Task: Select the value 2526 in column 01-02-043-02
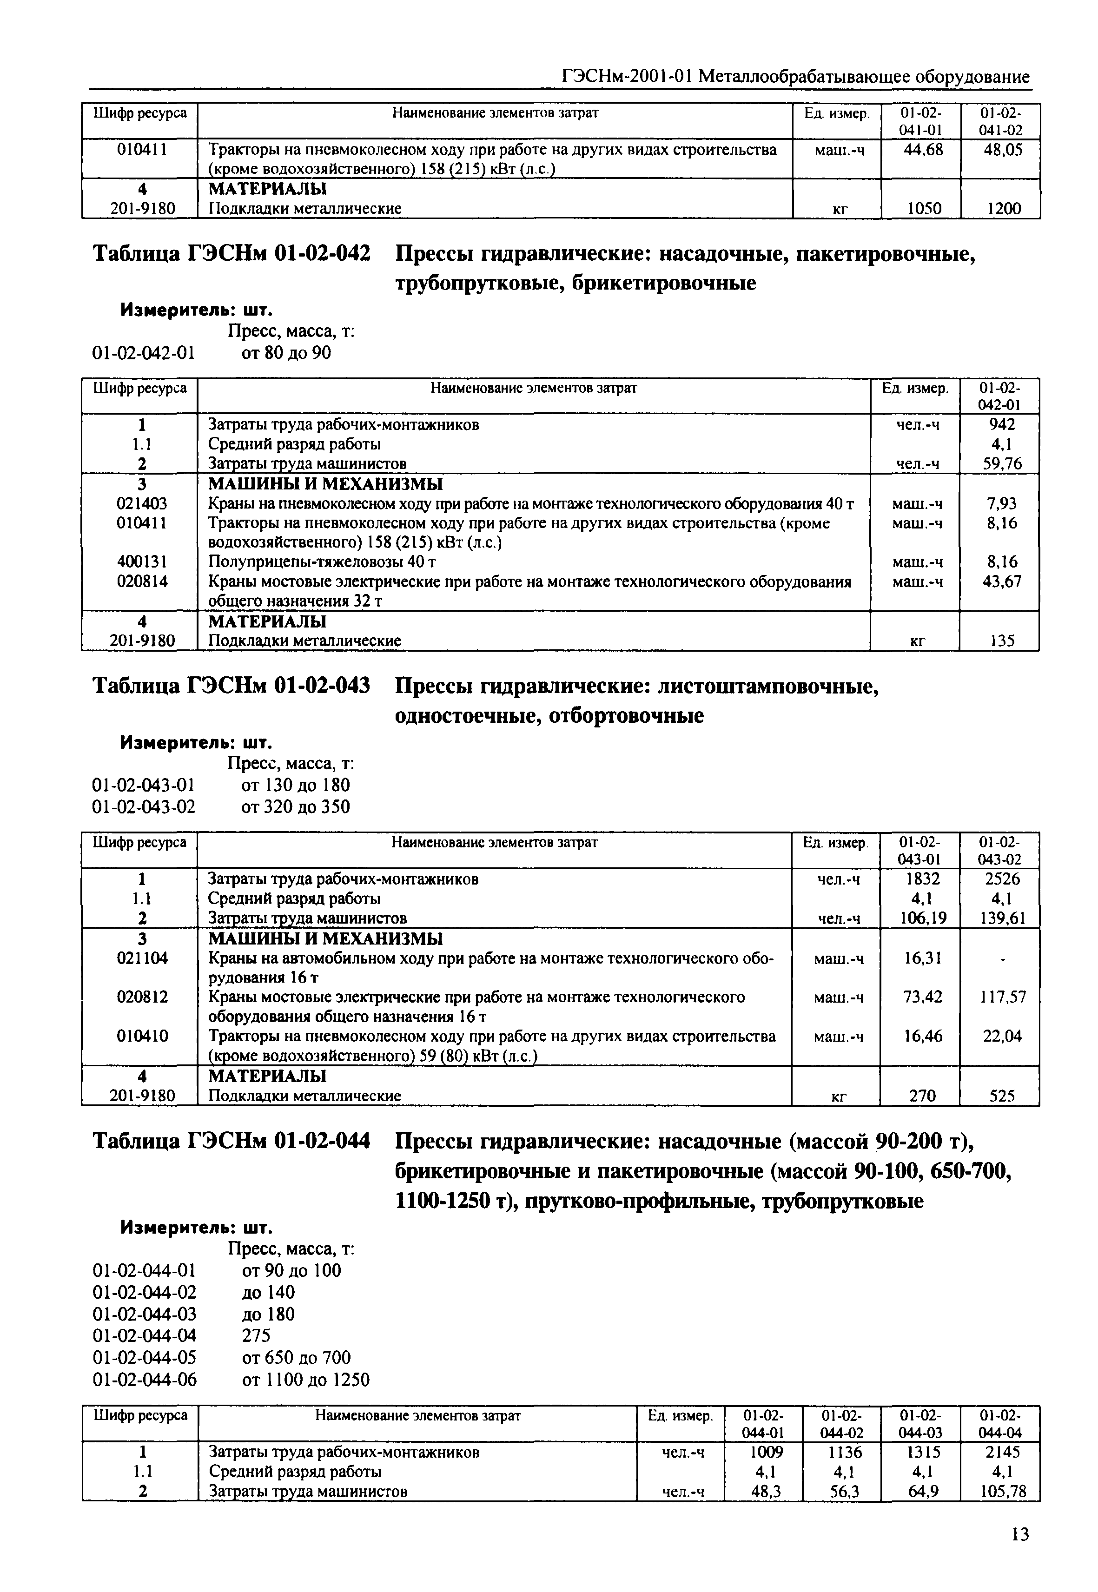click(x=1002, y=879)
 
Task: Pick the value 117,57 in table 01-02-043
click(x=1002, y=997)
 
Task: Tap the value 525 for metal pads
click(x=1002, y=1095)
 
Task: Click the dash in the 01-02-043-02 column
click(x=1002, y=958)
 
